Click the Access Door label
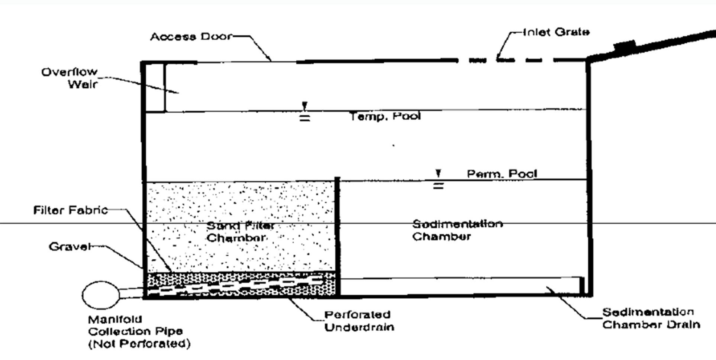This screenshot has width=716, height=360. [191, 36]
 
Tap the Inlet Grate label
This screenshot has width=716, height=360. [556, 32]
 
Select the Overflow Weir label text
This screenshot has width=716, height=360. [70, 78]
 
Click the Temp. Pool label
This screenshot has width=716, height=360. [385, 116]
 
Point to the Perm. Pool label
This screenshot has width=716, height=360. [502, 173]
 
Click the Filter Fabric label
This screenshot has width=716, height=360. [71, 210]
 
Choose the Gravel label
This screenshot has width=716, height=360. [70, 247]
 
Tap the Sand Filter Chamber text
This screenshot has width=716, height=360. [240, 231]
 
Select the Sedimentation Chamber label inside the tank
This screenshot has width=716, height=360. [457, 230]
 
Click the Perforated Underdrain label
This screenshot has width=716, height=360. [359, 321]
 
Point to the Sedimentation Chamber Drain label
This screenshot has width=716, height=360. [651, 318]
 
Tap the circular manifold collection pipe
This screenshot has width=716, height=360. [100, 295]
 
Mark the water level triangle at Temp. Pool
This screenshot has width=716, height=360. [304, 106]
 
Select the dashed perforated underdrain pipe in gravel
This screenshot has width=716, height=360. [238, 285]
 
